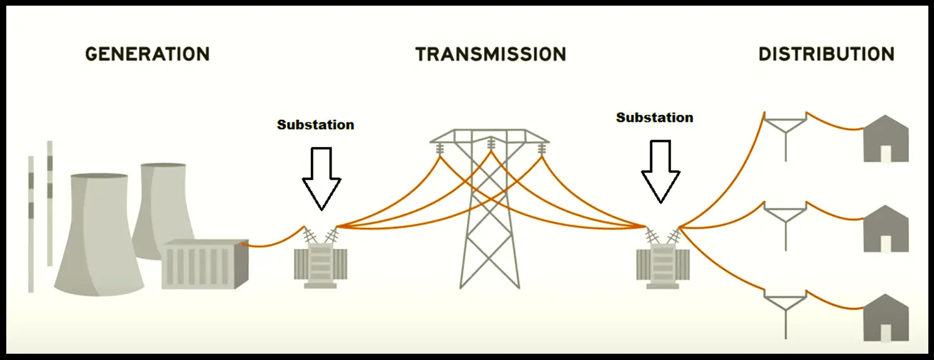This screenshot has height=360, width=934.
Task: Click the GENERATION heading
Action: tap(148, 54)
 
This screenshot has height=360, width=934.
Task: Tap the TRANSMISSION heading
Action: tap(491, 54)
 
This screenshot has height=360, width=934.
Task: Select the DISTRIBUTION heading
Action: tap(827, 54)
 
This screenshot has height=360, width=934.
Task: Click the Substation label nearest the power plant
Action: tap(316, 125)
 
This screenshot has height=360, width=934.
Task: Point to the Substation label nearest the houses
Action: tap(654, 117)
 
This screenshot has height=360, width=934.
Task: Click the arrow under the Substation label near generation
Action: tap(322, 178)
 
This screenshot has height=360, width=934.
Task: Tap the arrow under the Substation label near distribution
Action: tap(661, 172)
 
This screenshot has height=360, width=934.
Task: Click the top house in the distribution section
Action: tap(886, 138)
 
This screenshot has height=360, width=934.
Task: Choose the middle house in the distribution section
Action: tap(886, 229)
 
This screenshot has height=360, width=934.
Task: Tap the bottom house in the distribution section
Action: tap(886, 317)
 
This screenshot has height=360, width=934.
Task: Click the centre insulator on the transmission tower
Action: tap(491, 143)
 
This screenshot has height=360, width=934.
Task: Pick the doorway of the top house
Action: tap(886, 154)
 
